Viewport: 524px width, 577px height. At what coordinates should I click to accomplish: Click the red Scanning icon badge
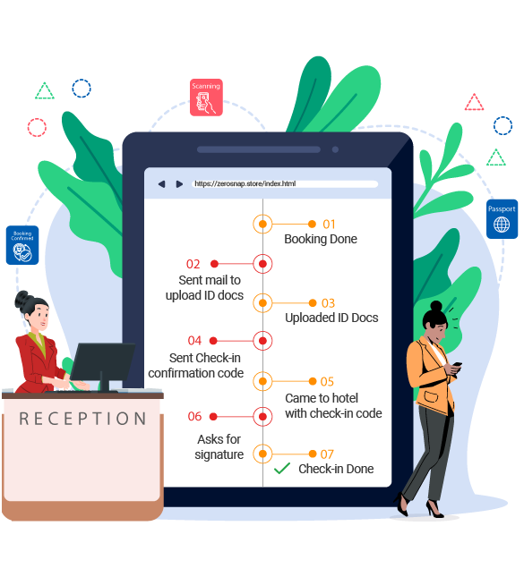[x=206, y=98]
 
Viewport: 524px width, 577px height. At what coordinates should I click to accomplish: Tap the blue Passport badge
[x=502, y=219]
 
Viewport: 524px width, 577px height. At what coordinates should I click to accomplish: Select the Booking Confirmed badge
[x=22, y=245]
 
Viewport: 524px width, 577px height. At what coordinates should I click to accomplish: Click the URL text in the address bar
[x=245, y=183]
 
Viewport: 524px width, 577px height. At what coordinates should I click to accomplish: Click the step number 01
[x=329, y=225]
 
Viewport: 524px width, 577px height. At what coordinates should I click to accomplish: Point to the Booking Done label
[x=321, y=239]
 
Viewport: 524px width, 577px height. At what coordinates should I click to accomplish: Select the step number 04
[x=194, y=341]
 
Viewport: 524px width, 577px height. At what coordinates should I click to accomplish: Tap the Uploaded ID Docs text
[x=331, y=318]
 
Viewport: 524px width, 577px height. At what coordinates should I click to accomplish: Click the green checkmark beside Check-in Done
[x=282, y=468]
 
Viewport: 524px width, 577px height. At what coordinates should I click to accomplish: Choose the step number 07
[x=327, y=454]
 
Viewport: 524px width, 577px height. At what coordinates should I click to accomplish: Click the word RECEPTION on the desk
[x=83, y=419]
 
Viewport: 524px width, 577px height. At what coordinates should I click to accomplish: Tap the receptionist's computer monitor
[x=102, y=362]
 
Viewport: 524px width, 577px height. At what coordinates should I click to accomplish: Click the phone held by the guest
[x=456, y=366]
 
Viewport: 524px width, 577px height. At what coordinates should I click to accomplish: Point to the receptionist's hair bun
[x=21, y=300]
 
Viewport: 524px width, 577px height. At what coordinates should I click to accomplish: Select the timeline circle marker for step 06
[x=262, y=417]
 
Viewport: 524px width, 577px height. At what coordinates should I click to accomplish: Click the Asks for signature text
[x=219, y=446]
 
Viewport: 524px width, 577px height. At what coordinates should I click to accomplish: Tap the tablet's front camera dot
[x=335, y=149]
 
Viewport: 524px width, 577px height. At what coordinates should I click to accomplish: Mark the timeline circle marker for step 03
[x=262, y=303]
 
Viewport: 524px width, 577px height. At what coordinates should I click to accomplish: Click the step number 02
[x=193, y=264]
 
